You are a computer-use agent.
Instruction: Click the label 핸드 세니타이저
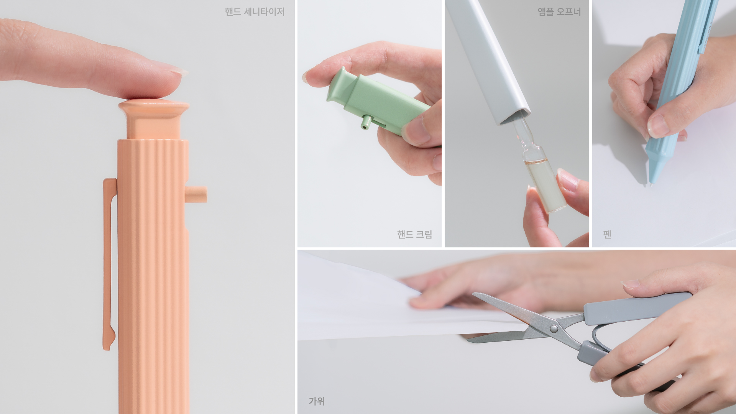[x=255, y=12]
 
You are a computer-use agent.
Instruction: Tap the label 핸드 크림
[x=414, y=234]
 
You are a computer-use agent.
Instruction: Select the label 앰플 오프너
[x=559, y=12]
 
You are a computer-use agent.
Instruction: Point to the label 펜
[x=607, y=234]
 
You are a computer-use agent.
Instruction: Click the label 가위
[x=317, y=401]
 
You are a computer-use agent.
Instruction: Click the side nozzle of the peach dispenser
[x=196, y=194]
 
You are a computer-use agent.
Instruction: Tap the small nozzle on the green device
[x=366, y=122]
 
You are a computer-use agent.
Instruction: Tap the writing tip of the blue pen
[x=651, y=185]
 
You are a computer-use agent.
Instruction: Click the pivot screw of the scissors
[x=554, y=329]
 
